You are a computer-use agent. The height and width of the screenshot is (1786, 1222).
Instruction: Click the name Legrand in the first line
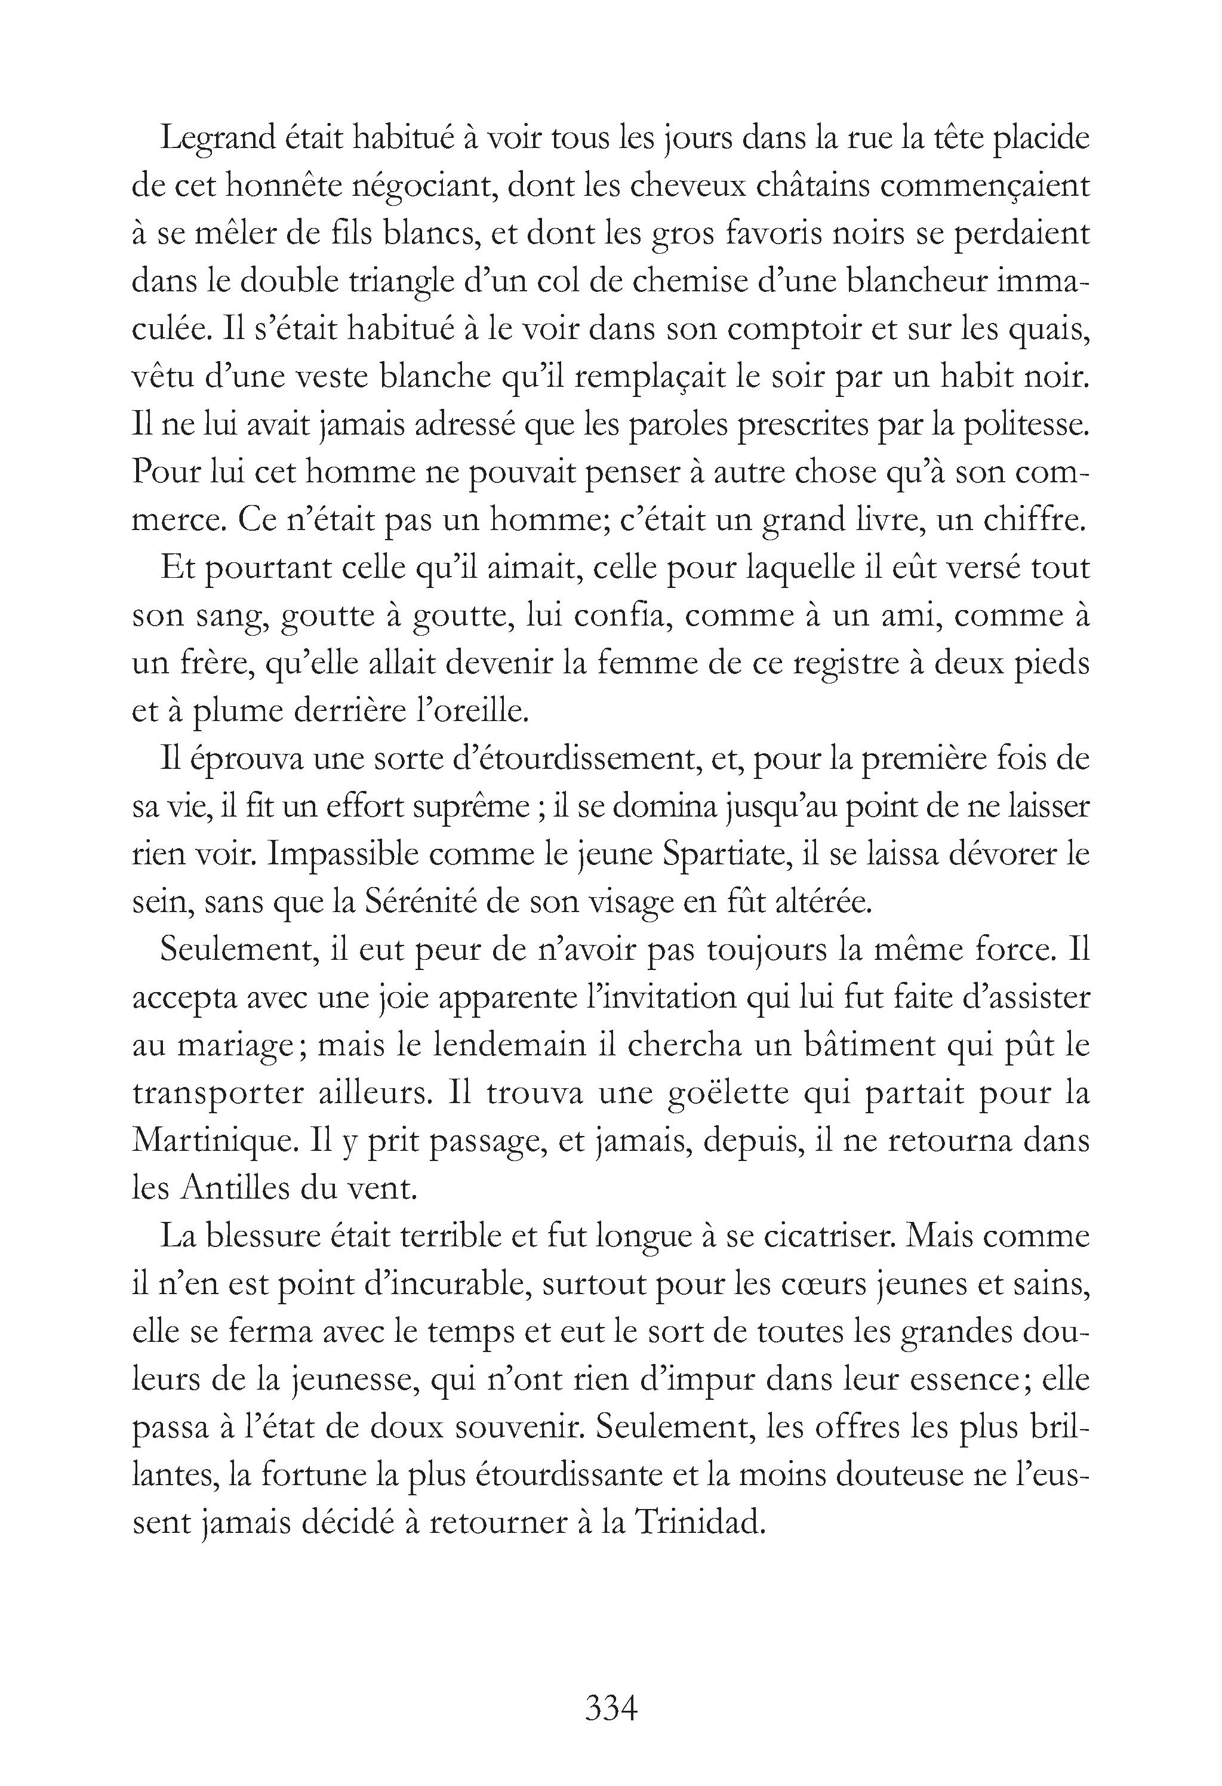(217, 140)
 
